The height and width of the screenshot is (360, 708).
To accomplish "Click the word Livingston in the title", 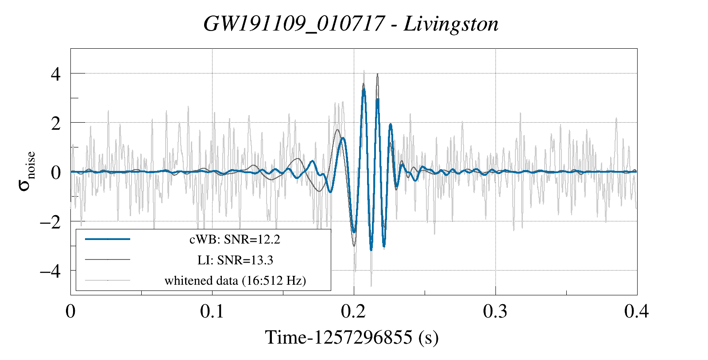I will (x=451, y=24).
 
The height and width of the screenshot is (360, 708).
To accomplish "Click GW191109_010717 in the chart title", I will (x=294, y=24).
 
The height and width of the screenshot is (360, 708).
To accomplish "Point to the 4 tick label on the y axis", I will (x=55, y=74).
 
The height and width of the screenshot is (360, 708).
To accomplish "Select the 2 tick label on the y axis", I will (x=55, y=123).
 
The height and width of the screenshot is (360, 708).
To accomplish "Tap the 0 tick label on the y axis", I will (x=55, y=172).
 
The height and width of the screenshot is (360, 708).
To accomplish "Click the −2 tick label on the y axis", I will (x=50, y=221).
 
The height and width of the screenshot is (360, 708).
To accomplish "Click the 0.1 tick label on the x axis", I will (x=212, y=311).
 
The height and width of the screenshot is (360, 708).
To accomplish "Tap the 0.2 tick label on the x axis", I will (x=354, y=311).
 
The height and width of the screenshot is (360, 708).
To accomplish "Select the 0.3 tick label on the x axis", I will (x=495, y=311).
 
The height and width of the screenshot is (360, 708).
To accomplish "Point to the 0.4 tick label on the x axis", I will (x=637, y=311).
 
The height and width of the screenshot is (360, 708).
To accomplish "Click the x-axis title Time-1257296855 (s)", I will (x=352, y=337).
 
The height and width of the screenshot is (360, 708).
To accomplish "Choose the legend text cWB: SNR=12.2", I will (x=235, y=240).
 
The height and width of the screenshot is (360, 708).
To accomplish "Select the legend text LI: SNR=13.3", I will (x=235, y=260).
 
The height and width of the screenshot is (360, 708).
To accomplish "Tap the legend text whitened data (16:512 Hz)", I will (x=235, y=281).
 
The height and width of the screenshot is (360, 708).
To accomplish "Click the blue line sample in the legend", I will (x=108, y=239).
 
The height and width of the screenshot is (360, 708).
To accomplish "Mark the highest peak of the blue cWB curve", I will (x=364, y=89).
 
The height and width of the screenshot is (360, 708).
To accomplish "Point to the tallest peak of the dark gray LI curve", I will (x=377, y=74).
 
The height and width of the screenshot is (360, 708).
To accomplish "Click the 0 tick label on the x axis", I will (x=70, y=311).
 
